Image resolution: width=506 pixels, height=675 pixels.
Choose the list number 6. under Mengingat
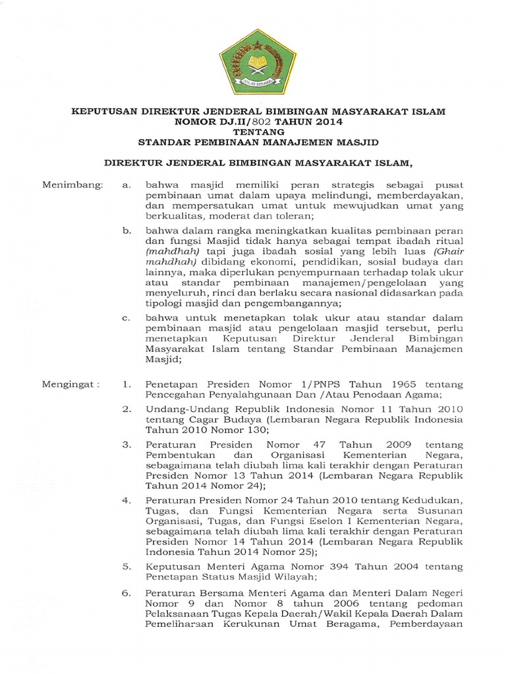coord(127,593)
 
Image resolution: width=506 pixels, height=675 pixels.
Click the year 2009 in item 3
coord(375,444)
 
